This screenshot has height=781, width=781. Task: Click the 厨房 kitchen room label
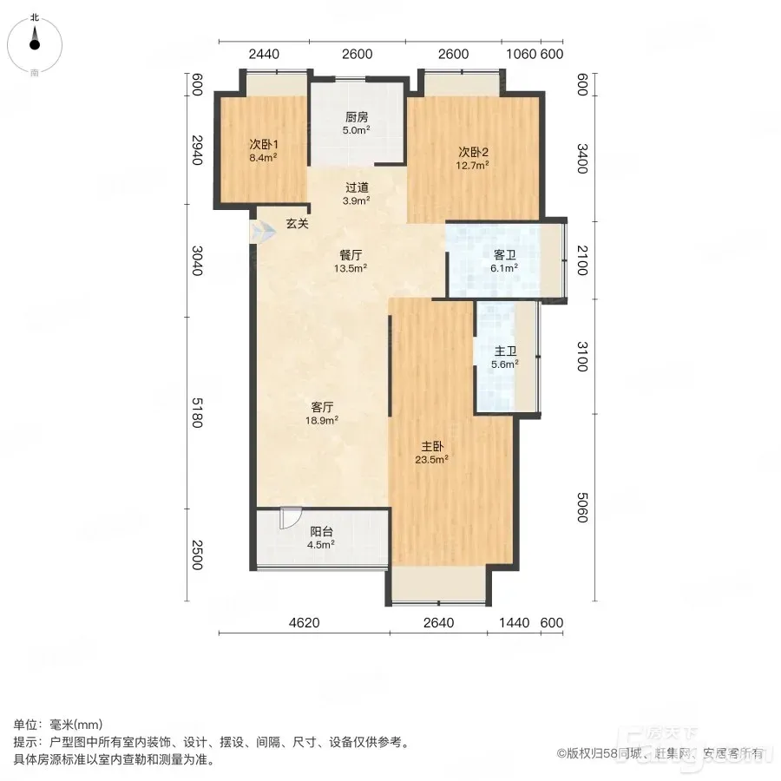pyautogui.click(x=357, y=117)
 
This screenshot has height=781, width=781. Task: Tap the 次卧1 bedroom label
pyautogui.click(x=264, y=144)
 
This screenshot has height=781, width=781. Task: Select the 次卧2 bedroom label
pyautogui.click(x=473, y=152)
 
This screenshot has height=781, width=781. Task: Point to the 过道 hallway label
pyautogui.click(x=357, y=187)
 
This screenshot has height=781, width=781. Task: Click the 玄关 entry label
pyautogui.click(x=298, y=224)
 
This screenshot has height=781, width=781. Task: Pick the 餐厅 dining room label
pyautogui.click(x=351, y=255)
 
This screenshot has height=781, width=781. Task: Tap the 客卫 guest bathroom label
pyautogui.click(x=504, y=255)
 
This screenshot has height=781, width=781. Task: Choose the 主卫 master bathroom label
pyautogui.click(x=505, y=351)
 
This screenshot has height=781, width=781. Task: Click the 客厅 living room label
pyautogui.click(x=322, y=407)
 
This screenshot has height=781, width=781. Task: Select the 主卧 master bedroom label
pyautogui.click(x=432, y=446)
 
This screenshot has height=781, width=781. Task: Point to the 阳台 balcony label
pyautogui.click(x=321, y=531)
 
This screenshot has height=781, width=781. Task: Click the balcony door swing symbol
pyautogui.click(x=290, y=518)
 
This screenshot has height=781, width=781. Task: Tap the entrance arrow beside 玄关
pyautogui.click(x=262, y=232)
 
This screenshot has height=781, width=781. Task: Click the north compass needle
pyautogui.click(x=35, y=38)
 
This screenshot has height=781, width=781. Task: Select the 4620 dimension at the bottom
pyautogui.click(x=305, y=622)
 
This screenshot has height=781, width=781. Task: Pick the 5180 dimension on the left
pyautogui.click(x=197, y=412)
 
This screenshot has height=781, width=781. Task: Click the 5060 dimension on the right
pyautogui.click(x=582, y=508)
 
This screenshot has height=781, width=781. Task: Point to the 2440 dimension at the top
pyautogui.click(x=264, y=54)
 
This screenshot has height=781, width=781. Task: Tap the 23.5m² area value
pyautogui.click(x=431, y=459)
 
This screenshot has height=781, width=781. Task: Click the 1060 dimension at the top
pyautogui.click(x=521, y=54)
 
